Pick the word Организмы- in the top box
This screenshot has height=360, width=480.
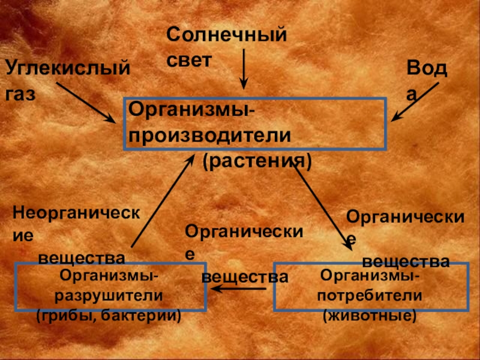click(x=191, y=110)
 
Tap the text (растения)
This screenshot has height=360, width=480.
click(x=256, y=161)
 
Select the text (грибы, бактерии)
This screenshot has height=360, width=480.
click(x=109, y=314)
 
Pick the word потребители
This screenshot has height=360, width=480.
click(x=370, y=296)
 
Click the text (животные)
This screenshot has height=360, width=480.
click(x=370, y=314)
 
